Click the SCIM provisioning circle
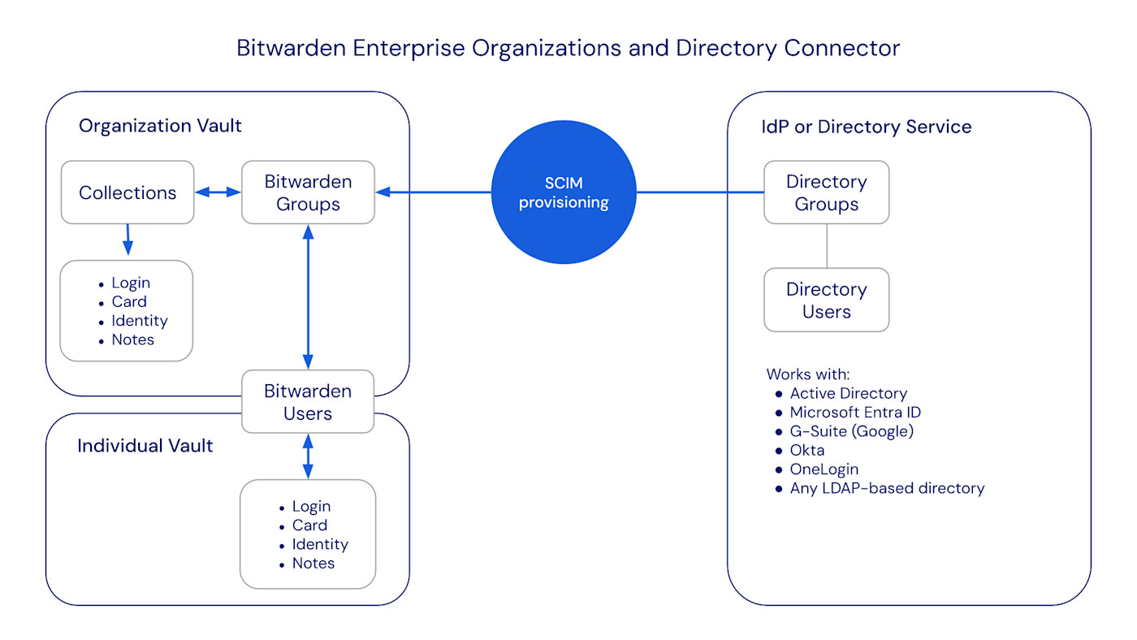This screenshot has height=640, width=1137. (564, 192)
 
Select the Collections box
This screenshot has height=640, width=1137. (128, 192)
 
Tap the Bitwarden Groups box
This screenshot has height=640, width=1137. (308, 192)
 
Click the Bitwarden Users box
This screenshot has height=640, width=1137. (308, 402)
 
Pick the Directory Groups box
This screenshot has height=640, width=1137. (826, 192)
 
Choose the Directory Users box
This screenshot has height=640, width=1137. (826, 300)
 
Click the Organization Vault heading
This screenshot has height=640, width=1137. (160, 126)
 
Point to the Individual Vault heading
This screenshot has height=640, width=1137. (145, 446)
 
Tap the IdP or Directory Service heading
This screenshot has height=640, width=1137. (866, 127)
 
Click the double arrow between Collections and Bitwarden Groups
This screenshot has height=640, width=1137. (218, 192)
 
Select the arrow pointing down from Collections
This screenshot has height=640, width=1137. (128, 240)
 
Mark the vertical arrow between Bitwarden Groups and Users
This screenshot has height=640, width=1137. (308, 296)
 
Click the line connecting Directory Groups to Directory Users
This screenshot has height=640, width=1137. (826, 245)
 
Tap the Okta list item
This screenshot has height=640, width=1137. (806, 450)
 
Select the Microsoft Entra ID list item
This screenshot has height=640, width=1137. (854, 412)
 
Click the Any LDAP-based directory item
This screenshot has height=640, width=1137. (886, 488)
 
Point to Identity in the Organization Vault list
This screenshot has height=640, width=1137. (140, 321)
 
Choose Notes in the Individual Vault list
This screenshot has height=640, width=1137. (313, 563)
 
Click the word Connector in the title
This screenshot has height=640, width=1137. (841, 48)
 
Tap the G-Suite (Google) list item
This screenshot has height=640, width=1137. (851, 431)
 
